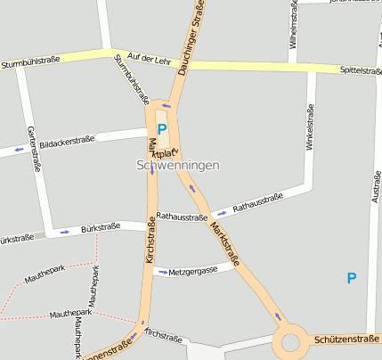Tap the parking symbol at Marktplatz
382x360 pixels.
162,129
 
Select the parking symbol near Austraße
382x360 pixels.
351,278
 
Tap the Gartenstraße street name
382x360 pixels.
35,148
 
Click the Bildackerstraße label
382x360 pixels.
68,141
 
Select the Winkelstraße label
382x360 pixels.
310,147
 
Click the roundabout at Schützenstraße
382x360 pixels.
290,341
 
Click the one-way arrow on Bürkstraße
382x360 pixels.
64,233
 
